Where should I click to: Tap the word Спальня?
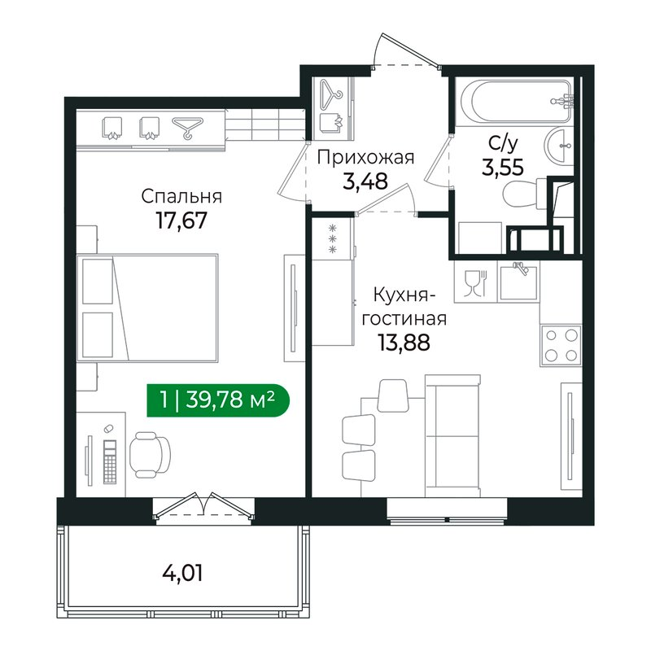[x=181, y=196]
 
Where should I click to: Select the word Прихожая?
[x=365, y=158]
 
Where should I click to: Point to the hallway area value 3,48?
[x=365, y=181]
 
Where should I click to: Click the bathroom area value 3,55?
[x=503, y=168]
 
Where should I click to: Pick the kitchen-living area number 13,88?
[x=404, y=343]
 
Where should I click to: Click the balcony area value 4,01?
[x=182, y=574]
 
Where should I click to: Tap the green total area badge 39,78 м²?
[x=218, y=400]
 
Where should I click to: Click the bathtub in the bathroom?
[x=521, y=101]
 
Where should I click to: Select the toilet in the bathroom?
[x=525, y=193]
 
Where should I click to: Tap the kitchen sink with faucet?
[x=518, y=282]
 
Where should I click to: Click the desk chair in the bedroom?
[x=150, y=455]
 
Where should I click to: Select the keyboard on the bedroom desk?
[x=110, y=461]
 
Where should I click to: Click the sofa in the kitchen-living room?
[x=452, y=436]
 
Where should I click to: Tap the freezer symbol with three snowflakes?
[x=332, y=238]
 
